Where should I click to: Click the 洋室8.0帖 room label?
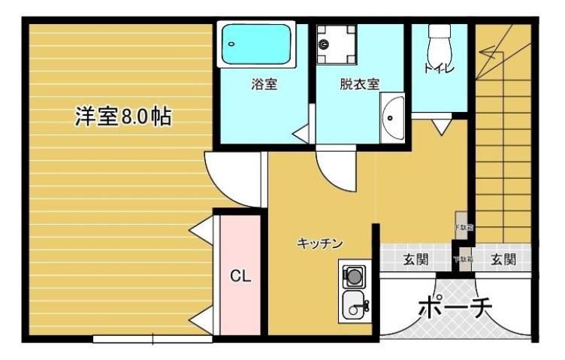pyautogui.click(x=122, y=116)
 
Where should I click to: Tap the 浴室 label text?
pyautogui.click(x=264, y=85)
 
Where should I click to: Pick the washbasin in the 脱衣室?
pyautogui.click(x=392, y=118)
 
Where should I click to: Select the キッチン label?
pyautogui.click(x=320, y=244)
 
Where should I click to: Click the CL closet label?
pyautogui.click(x=240, y=277)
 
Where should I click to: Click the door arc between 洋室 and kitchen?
pyautogui.click(x=231, y=180)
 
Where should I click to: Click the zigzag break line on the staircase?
pyautogui.click(x=496, y=50)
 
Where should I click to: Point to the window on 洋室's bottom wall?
pyautogui.click(x=150, y=339)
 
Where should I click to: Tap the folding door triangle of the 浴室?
pyautogui.click(x=303, y=134)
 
